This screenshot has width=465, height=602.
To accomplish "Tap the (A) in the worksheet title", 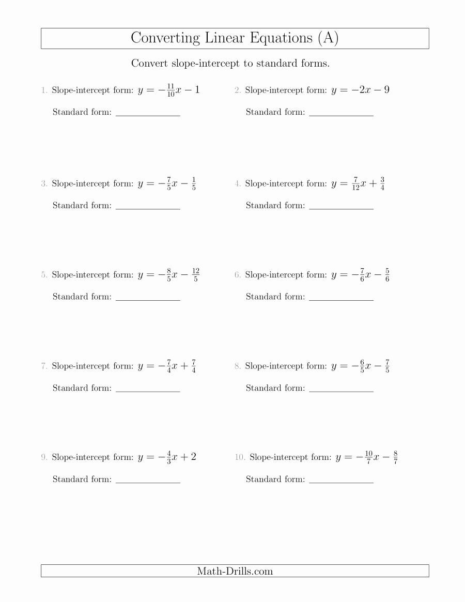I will [328, 38].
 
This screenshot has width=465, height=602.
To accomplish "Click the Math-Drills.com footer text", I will [235, 571].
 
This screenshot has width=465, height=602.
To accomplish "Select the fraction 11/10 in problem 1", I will [171, 90].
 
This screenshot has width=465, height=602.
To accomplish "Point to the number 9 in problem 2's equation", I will [386, 90].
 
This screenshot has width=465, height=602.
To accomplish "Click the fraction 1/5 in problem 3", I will [193, 183].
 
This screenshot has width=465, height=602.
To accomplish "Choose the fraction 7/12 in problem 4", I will [355, 183].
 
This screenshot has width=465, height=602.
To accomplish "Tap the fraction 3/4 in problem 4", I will [382, 183].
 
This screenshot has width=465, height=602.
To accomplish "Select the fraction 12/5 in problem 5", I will [195, 275].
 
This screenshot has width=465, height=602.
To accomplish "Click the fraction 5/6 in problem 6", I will [387, 275].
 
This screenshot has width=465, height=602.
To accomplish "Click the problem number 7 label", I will [44, 366].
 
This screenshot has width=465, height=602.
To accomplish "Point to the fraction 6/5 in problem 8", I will [362, 366].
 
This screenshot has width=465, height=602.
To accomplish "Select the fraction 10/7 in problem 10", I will [368, 457].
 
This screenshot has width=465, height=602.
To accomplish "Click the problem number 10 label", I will [239, 457].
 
